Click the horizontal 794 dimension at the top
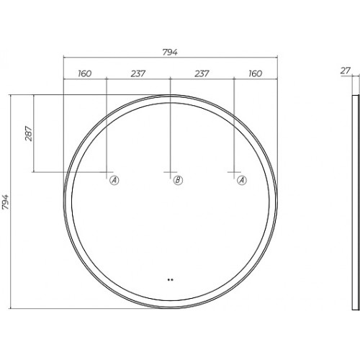[170, 52]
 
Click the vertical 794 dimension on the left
[5, 202]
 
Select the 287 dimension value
[29, 133]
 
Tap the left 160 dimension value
[85, 73]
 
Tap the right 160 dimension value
[256, 73]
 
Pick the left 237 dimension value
[138, 73]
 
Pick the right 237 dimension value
[202, 73]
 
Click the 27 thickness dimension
[346, 71]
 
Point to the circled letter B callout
[178, 180]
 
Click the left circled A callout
[114, 180]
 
